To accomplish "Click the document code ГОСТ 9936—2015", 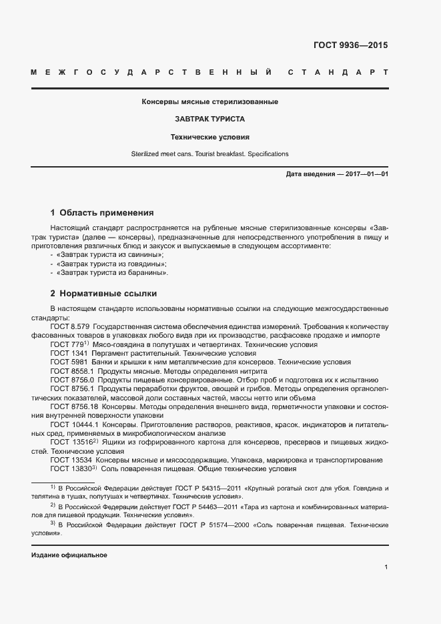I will (x=350, y=46).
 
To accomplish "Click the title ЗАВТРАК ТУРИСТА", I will (x=209, y=119).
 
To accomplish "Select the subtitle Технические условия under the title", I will (x=209, y=137).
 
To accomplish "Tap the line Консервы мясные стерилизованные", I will (x=209, y=102).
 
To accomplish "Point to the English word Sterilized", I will (x=147, y=154).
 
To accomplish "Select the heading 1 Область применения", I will (x=102, y=213).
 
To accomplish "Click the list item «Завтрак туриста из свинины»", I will (x=111, y=255).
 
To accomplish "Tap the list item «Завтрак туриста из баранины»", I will (x=113, y=272).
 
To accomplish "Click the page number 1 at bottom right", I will (x=386, y=567).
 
